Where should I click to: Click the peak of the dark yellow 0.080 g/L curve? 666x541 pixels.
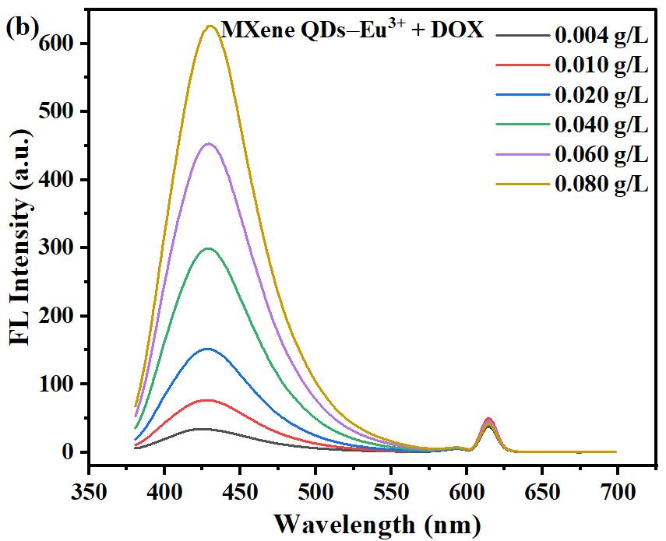(x=210, y=26)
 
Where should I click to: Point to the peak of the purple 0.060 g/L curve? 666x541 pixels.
(x=209, y=143)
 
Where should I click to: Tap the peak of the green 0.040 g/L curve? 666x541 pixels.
(x=209, y=248)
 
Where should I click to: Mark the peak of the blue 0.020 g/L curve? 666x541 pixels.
(x=208, y=349)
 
